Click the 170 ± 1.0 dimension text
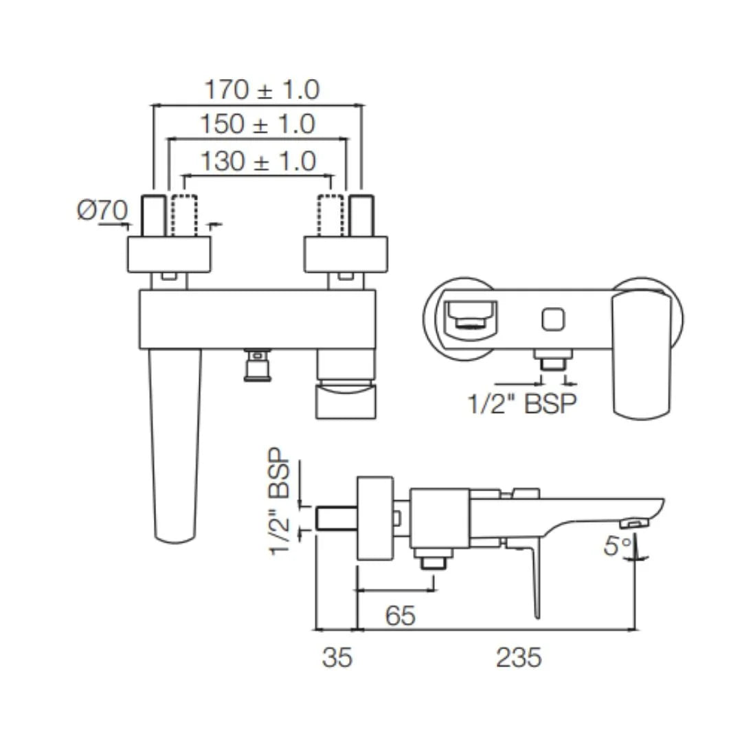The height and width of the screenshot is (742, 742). (262, 89)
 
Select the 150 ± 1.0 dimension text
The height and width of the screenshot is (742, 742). (258, 124)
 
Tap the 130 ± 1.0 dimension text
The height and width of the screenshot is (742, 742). (258, 161)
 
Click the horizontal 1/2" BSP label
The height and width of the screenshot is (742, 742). (521, 404)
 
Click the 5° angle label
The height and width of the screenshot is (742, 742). (617, 546)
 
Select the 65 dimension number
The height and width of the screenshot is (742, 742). (400, 616)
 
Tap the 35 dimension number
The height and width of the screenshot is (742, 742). (337, 657)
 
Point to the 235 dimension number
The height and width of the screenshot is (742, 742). (519, 657)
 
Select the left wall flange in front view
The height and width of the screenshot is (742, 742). (169, 254)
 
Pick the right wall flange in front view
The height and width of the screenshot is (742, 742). (346, 254)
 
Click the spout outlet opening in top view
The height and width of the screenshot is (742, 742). (471, 318)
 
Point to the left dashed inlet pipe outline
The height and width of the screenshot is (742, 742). (183, 216)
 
